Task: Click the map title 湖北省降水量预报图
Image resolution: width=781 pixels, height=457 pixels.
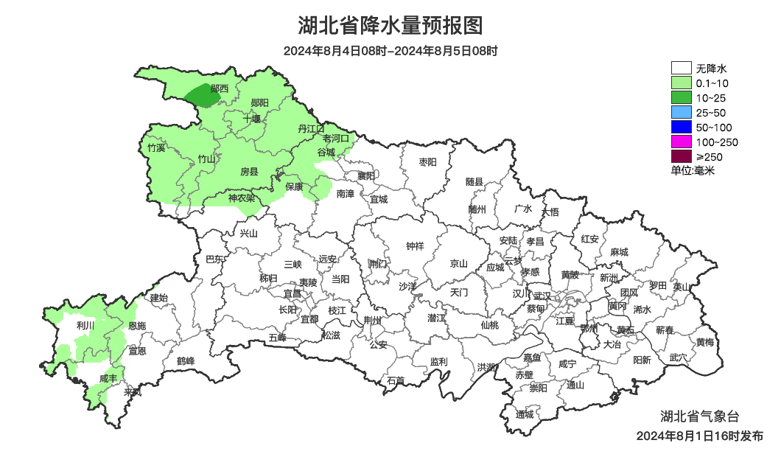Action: pyautogui.click(x=390, y=26)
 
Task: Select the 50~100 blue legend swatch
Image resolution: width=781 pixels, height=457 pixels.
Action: pyautogui.click(x=682, y=127)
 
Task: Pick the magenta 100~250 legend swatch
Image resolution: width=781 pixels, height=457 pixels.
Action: pyautogui.click(x=682, y=142)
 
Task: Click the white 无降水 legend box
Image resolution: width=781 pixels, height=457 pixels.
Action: pyautogui.click(x=682, y=69)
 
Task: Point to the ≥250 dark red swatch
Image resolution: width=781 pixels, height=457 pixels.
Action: pyautogui.click(x=682, y=156)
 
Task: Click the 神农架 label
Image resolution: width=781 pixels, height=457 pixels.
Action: pyautogui.click(x=241, y=198)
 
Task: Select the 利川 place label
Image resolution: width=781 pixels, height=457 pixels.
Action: pyautogui.click(x=85, y=324)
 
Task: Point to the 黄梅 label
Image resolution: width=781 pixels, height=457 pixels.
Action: pyautogui.click(x=705, y=342)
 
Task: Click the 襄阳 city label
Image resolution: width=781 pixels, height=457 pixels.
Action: pyautogui.click(x=365, y=175)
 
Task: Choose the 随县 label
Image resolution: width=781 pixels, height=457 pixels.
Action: pyautogui.click(x=474, y=181)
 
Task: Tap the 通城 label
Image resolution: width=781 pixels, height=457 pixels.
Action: pyautogui.click(x=525, y=414)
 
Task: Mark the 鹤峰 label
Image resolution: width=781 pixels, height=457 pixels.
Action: pyautogui.click(x=186, y=361)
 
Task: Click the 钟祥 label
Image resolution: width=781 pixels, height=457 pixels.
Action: pyautogui.click(x=416, y=246)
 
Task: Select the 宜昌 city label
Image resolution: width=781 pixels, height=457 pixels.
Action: pyautogui.click(x=293, y=293)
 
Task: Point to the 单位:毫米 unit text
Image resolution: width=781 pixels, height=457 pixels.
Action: pyautogui.click(x=693, y=170)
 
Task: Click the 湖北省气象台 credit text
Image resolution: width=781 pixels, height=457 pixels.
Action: pyautogui.click(x=698, y=416)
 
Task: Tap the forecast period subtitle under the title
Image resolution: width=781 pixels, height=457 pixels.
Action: pyautogui.click(x=390, y=51)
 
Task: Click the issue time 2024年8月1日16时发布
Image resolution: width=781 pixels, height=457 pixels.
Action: pyautogui.click(x=699, y=436)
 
